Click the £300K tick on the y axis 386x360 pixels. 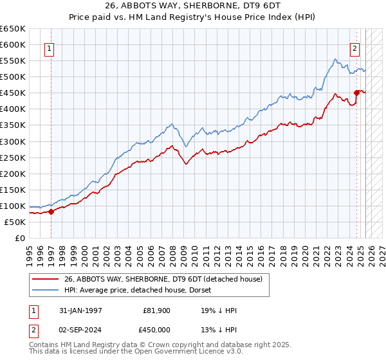click(14, 141)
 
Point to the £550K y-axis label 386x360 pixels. click(14, 61)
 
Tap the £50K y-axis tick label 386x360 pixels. click(15, 222)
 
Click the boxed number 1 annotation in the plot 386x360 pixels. click(50, 47)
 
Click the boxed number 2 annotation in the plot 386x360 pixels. click(354, 47)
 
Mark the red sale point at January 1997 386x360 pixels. click(51, 212)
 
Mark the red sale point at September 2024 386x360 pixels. click(356, 93)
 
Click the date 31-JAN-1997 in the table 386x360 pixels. click(80, 310)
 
